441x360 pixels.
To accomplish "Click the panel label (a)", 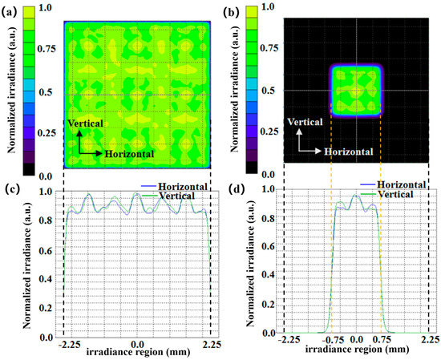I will (x=10, y=11).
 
